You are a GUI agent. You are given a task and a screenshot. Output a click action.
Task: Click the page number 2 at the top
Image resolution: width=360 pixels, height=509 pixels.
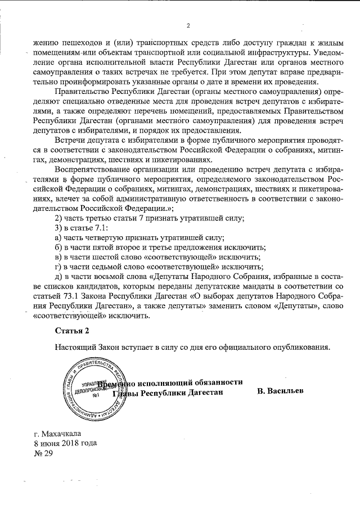click(x=188, y=25)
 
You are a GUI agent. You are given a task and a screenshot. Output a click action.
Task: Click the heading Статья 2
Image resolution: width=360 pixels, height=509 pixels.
click(x=72, y=330)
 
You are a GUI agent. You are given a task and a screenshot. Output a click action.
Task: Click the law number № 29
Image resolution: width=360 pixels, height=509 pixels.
click(x=43, y=453)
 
